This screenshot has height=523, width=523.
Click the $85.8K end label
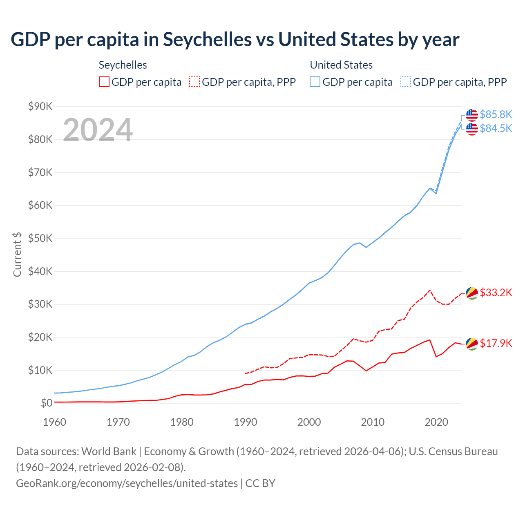(496, 114)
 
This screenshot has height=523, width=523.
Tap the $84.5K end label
(496, 128)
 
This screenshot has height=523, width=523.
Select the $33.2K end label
(496, 293)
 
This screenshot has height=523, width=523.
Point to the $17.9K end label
(496, 343)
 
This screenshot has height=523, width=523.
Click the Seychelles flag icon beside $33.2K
(472, 293)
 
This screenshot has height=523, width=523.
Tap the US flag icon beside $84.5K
(472, 129)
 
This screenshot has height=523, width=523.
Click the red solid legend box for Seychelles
(104, 82)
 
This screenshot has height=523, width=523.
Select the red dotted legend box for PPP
(194, 82)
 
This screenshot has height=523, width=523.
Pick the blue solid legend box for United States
(315, 82)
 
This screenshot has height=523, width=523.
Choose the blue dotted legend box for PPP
(406, 82)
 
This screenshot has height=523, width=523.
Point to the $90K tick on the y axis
(40, 107)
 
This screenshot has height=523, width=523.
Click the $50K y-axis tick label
(40, 238)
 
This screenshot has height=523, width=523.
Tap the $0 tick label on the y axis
(47, 403)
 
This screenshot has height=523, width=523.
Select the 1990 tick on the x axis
(246, 422)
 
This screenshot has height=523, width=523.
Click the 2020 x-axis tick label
(436, 422)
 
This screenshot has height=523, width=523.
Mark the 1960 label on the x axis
(54, 422)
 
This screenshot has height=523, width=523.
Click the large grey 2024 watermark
(98, 130)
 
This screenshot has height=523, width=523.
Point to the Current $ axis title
(17, 254)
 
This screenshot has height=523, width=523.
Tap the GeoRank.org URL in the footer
(127, 483)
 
